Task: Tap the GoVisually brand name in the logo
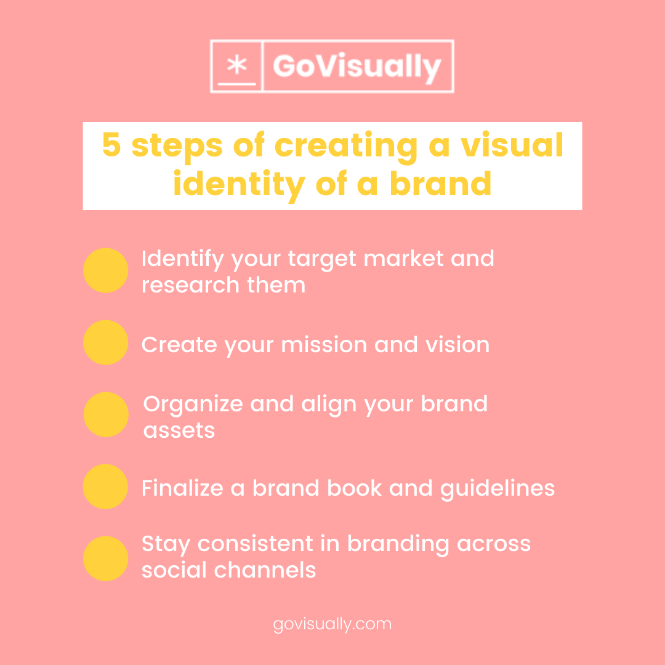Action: [357, 66]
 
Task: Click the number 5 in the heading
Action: [111, 145]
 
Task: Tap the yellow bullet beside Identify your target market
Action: [105, 270]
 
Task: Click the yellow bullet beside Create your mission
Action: [105, 342]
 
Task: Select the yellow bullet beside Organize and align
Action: [106, 414]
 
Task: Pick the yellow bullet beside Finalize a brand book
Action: [105, 486]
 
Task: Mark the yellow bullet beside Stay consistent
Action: [105, 558]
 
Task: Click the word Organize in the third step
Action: [192, 405]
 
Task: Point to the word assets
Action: [179, 430]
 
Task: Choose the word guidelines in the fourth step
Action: [497, 488]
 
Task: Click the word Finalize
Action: [182, 488]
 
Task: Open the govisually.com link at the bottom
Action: [332, 624]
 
